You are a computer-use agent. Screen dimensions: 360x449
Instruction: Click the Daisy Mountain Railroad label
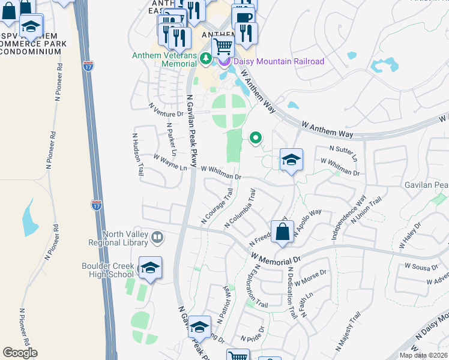coord(279,61)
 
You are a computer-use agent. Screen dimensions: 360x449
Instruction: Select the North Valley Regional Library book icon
coord(157,238)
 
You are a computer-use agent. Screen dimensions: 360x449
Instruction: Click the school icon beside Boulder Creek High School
coord(150,268)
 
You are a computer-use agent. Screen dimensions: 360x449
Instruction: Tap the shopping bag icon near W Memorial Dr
coord(282,231)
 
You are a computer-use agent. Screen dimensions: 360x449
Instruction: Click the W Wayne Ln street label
coord(170,163)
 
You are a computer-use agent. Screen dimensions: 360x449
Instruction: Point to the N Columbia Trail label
coord(241,208)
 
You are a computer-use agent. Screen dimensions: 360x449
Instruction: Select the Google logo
coord(20,353)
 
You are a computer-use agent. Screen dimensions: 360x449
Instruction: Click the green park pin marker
coord(256,138)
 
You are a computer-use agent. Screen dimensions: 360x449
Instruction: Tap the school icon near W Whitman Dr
coord(291,160)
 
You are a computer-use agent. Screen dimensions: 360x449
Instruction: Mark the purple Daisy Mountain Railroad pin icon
coord(223,61)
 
